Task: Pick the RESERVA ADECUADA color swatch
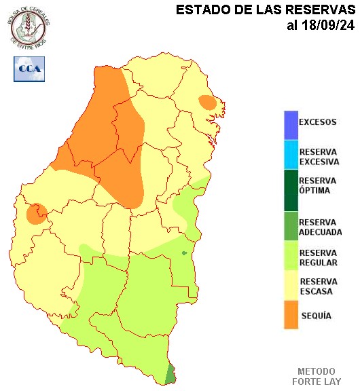(x=291, y=227)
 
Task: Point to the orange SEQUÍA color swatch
(x=291, y=316)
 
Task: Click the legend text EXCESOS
(x=318, y=123)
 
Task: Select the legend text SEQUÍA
(x=316, y=316)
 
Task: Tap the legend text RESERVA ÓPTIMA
(x=318, y=186)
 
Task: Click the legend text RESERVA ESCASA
(x=318, y=286)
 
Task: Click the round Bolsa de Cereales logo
(x=29, y=27)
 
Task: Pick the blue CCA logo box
(x=29, y=69)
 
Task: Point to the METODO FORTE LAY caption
(x=316, y=377)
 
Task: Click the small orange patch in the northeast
(x=207, y=103)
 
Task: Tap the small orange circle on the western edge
(x=35, y=213)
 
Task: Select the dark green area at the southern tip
(x=170, y=374)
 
